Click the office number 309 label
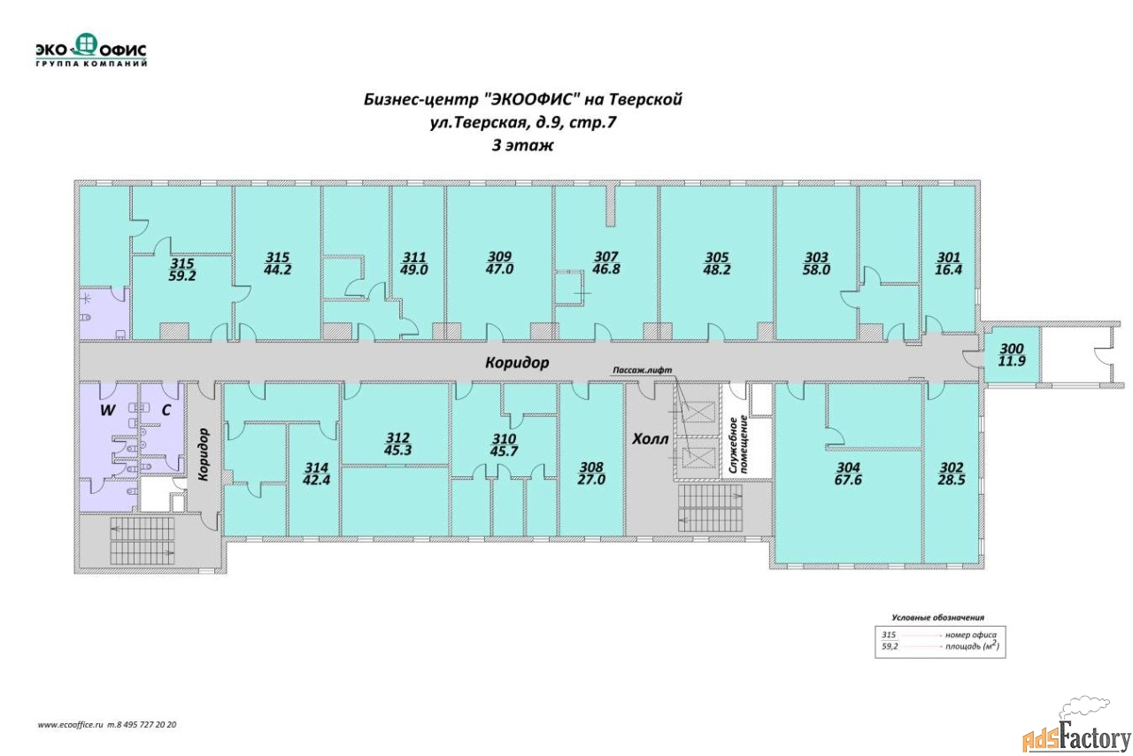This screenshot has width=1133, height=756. [499, 257]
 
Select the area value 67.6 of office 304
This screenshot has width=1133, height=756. [848, 480]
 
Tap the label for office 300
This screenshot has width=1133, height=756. [1012, 349]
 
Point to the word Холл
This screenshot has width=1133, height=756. [651, 439]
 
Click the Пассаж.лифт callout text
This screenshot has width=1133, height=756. [643, 370]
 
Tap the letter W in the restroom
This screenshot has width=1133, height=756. [107, 411]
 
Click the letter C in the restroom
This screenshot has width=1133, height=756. [166, 411]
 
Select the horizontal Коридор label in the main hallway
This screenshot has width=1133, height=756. [517, 363]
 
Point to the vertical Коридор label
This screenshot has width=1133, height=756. [204, 454]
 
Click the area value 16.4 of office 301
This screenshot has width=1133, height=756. [948, 270]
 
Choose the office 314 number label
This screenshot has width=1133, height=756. [316, 467]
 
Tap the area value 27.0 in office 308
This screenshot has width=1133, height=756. [591, 480]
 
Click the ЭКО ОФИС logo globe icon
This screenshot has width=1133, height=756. [86, 44]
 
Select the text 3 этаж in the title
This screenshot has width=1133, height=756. [522, 146]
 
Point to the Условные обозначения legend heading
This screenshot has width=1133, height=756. [937, 617]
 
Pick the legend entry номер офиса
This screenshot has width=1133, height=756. [971, 635]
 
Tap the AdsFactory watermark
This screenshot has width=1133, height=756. [1075, 738]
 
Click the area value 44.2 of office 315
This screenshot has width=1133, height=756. [277, 270]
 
